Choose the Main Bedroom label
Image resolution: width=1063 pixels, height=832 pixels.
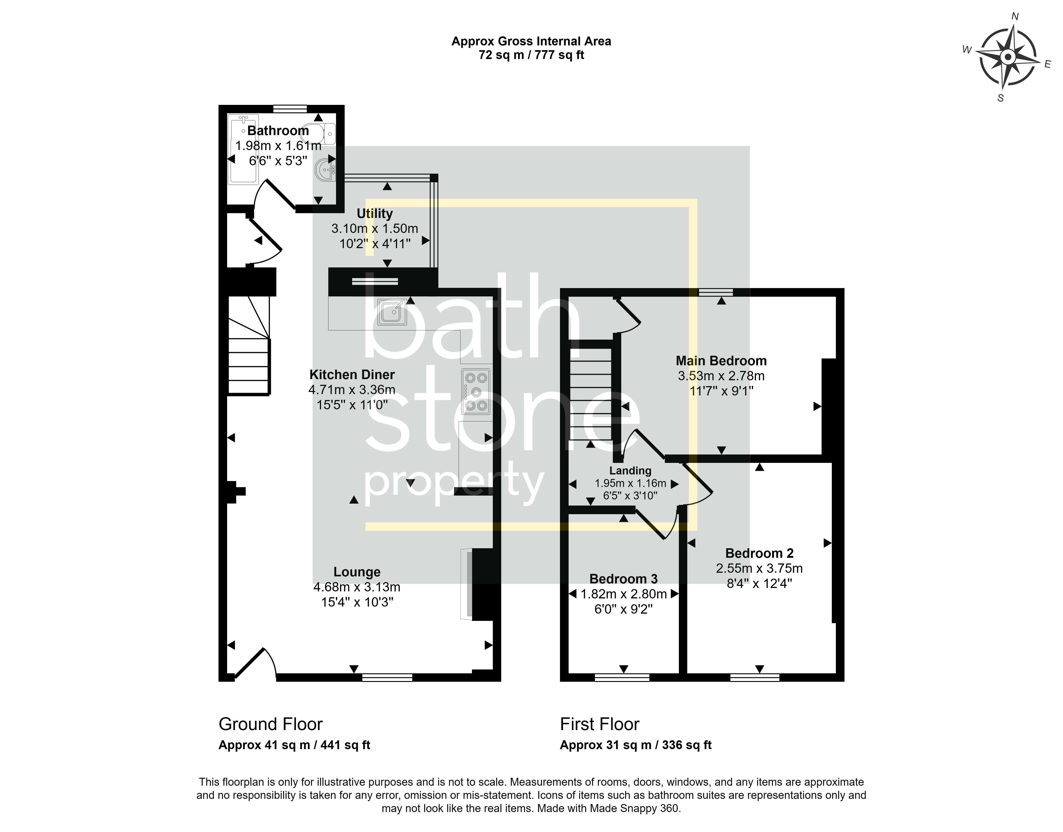pos(721,361)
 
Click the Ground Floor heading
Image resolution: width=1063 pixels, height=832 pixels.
pos(271,724)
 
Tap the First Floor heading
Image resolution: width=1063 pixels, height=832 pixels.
pos(599,724)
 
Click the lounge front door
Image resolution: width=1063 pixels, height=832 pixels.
pos(256,662)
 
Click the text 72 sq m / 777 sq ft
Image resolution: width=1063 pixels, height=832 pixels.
pos(531,55)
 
